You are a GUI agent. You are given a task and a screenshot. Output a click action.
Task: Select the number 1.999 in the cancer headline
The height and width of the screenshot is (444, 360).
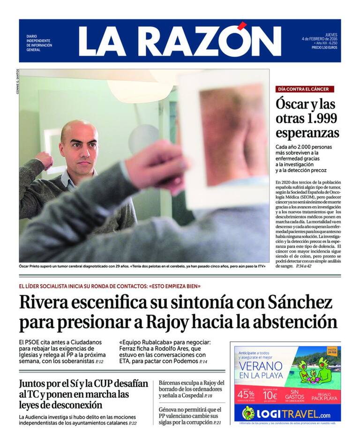tap(318, 117)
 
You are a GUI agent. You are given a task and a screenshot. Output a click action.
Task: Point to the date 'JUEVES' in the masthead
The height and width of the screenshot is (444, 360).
tap(331, 34)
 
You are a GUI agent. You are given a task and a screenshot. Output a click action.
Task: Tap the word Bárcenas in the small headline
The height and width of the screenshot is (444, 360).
tap(173, 383)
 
